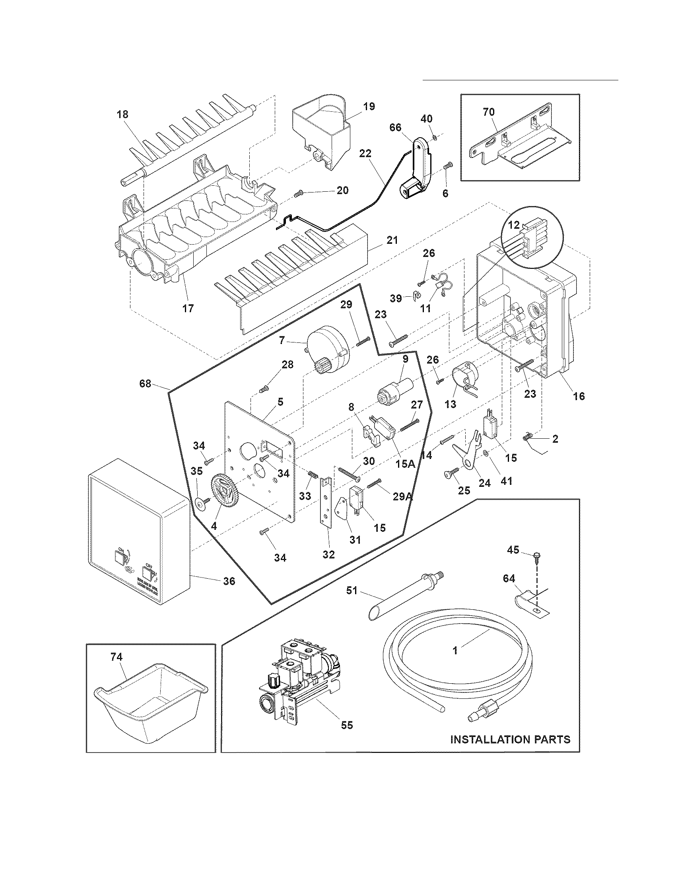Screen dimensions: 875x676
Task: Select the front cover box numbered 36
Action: (138, 533)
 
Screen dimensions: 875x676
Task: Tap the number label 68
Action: (145, 383)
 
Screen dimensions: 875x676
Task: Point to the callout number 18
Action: (122, 114)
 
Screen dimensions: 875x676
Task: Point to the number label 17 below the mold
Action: (188, 308)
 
